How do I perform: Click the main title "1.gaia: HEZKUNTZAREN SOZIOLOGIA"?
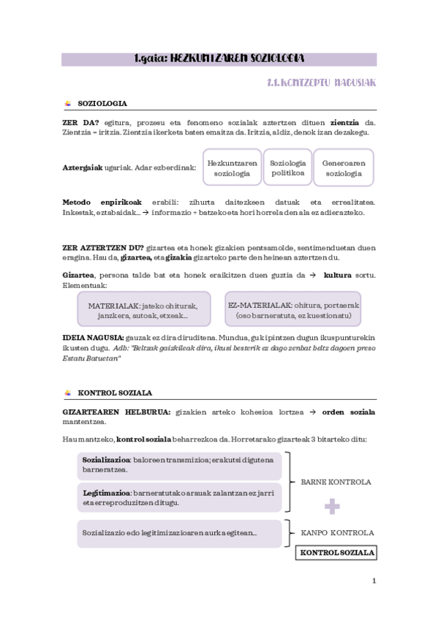pos(219,58)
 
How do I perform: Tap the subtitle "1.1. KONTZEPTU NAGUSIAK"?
pos(322,83)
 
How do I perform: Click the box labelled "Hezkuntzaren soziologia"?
pos(232,168)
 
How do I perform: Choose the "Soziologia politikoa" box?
pos(288,168)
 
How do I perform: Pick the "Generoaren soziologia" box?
pos(343,168)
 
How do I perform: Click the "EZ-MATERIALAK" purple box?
pos(293,309)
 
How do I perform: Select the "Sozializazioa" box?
pos(178,465)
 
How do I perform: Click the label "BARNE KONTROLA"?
pos(336,483)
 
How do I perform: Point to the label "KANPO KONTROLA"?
pos(338,533)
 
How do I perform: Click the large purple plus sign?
pos(333,506)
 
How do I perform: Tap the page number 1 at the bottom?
pos(374,581)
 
